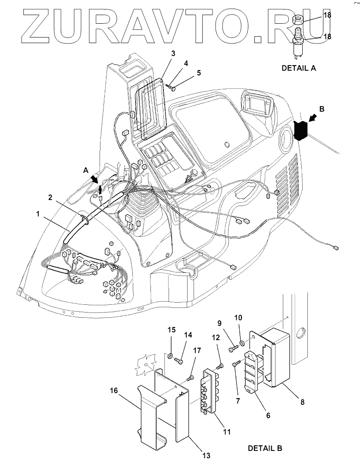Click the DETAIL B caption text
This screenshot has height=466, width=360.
pos(265,448)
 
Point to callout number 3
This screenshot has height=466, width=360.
pos(173,53)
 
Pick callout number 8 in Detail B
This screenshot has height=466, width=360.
pos(302,402)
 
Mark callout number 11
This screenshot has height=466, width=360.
pos(227,431)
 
